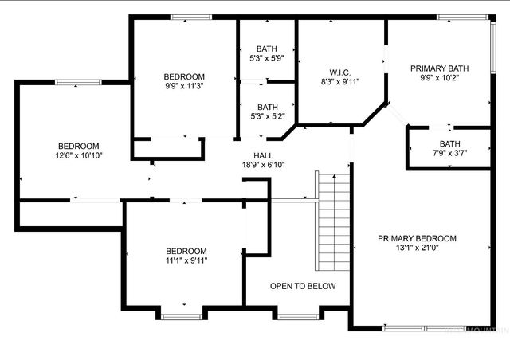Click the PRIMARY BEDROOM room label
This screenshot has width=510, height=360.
tap(417, 238)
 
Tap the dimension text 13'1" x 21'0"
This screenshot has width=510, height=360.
tap(417, 248)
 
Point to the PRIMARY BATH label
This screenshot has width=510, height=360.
tap(440, 69)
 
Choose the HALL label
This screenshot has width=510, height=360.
tap(264, 155)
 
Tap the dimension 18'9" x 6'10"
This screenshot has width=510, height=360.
tap(264, 165)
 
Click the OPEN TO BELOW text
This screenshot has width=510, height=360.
tap(303, 286)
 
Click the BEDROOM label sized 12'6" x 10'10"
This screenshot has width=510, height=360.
tap(78, 146)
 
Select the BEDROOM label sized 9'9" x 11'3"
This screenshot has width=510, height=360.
tap(184, 76)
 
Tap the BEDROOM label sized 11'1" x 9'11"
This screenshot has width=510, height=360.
tap(186, 251)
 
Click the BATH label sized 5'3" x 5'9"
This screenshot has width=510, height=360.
tap(267, 49)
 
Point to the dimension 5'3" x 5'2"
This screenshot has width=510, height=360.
tap(267, 116)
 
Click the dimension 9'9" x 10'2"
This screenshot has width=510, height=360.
tap(440, 79)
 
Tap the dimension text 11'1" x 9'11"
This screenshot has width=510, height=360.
tap(186, 260)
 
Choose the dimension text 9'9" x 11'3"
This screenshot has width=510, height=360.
tap(184, 86)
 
